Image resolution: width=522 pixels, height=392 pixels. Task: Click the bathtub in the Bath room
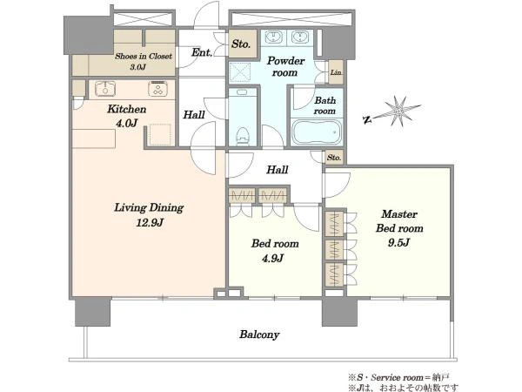(317, 132)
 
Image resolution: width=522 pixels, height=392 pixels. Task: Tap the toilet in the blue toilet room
(243, 136)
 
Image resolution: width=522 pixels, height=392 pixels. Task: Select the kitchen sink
(105, 89)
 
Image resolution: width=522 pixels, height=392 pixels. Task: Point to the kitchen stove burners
(157, 89)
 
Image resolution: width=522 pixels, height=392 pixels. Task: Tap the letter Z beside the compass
(367, 120)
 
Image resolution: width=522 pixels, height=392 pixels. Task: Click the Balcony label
(259, 335)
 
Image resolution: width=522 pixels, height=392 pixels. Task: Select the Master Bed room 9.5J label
(399, 228)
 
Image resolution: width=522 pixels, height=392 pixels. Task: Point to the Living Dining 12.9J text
(149, 214)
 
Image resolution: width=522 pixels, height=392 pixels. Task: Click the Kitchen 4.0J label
(126, 116)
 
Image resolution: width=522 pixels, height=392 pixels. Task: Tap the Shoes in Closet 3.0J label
(144, 61)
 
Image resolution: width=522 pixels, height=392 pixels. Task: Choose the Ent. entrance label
(202, 52)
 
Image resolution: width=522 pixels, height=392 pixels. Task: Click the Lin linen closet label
(336, 72)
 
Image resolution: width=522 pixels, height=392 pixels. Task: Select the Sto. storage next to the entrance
(241, 44)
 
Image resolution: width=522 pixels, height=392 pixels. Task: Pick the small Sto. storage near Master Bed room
(333, 158)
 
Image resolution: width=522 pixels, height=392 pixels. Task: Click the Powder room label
(285, 66)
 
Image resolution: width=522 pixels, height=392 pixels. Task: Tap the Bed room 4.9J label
(275, 250)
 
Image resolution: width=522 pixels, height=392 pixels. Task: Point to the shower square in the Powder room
(240, 72)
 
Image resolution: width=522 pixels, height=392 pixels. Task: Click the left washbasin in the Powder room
(274, 37)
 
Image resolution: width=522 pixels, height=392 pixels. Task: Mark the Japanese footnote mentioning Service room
(398, 377)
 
